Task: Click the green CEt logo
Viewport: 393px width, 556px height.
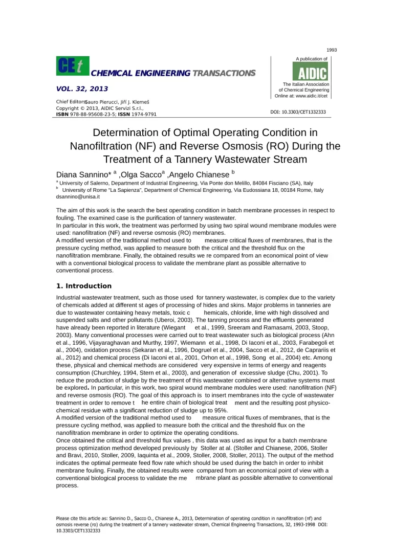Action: pyautogui.click(x=72, y=65)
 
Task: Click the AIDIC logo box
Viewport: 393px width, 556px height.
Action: pyautogui.click(x=310, y=71)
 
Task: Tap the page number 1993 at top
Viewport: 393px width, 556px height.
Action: pyautogui.click(x=332, y=49)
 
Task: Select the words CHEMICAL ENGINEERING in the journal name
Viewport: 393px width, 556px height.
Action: pyautogui.click(x=141, y=73)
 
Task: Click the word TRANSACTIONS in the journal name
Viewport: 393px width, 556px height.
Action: pyautogui.click(x=223, y=73)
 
